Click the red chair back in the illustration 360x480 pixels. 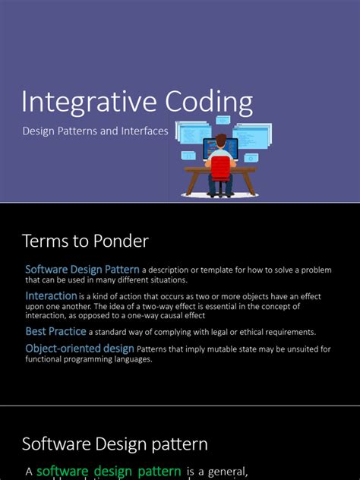219,165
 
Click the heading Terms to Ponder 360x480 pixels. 85,241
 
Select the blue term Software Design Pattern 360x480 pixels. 82,270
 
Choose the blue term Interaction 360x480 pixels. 51,295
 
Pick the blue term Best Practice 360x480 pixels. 56,332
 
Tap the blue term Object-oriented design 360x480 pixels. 80,349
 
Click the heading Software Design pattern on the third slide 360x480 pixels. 115,444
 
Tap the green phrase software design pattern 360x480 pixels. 109,471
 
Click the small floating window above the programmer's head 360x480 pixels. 223,120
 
